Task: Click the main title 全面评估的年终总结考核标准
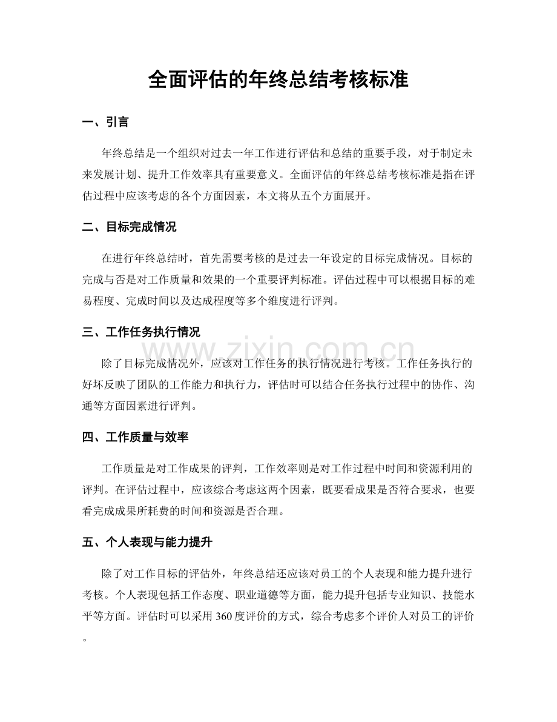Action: click(x=278, y=80)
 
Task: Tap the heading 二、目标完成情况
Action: click(x=129, y=227)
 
